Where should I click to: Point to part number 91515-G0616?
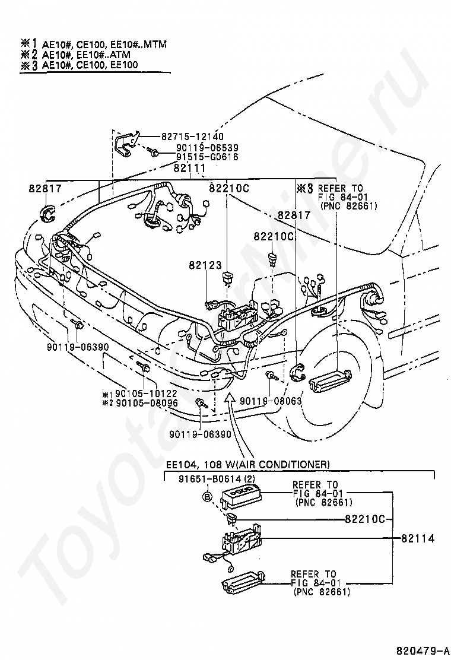(x=207, y=157)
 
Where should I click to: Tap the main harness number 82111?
(x=189, y=168)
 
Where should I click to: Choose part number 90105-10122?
(x=146, y=394)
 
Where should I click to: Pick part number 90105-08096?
(x=146, y=402)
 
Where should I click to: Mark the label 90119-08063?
(x=271, y=401)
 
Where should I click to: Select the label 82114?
(x=418, y=539)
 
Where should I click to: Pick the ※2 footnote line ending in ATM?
(x=89, y=54)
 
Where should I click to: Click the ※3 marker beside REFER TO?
(x=304, y=189)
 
